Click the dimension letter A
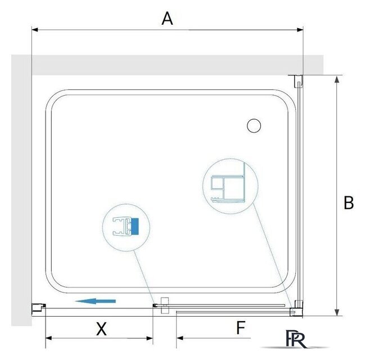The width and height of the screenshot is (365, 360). coord(167,19)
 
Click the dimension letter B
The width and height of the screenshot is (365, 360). coord(349,202)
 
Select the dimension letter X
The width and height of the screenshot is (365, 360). coord(101,328)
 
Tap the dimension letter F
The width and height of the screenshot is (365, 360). coord(241,327)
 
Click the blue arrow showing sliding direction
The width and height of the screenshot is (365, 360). coord(95,301)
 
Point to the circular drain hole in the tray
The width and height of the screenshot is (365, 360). coord(254,126)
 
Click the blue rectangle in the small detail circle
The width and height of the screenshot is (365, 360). coord(135,226)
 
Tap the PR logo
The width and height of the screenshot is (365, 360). coord(295,339)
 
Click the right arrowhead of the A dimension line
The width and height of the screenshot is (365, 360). coord(300,30)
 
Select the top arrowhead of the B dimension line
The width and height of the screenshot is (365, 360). coord(337,79)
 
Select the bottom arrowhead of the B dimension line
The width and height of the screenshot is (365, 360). coord(337,313)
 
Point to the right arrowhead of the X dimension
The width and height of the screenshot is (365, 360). coord(150,338)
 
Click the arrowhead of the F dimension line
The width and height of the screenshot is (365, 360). coord(180,338)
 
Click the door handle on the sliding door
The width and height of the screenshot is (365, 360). coord(165,305)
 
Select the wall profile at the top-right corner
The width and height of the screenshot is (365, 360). coord(299,81)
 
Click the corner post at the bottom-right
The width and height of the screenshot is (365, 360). coord(296,309)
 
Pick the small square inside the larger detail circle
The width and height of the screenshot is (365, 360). coord(217,183)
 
